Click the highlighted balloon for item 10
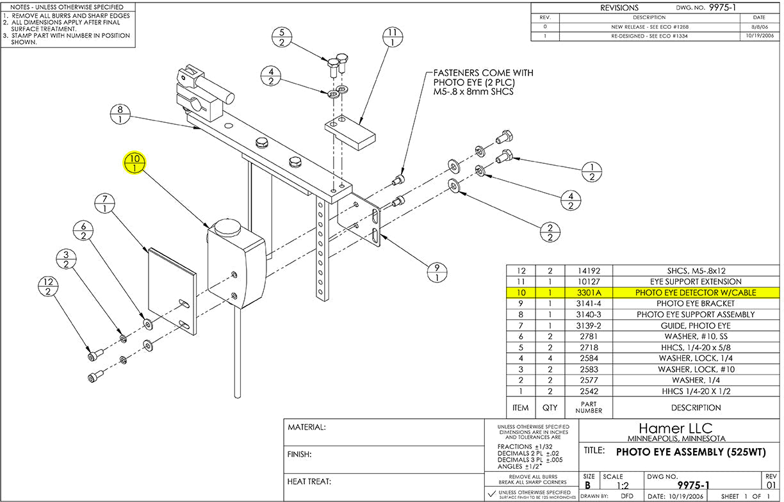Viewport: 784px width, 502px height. click(135, 163)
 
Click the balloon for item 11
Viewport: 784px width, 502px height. click(393, 37)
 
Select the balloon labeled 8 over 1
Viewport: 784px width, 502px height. click(120, 114)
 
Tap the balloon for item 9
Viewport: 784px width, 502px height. click(437, 272)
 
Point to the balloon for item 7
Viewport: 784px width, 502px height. click(104, 204)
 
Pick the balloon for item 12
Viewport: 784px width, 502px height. click(48, 286)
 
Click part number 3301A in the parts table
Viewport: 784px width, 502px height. click(589, 293)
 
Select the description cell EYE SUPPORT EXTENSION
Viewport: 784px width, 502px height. click(696, 282)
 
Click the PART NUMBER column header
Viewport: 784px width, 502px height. click(589, 407)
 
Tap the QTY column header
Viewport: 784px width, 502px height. click(550, 407)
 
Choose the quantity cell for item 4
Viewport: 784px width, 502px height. click(550, 358)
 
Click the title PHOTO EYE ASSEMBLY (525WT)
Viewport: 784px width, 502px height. click(691, 452)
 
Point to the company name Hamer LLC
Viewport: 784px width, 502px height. click(676, 428)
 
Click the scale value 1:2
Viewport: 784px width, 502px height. click(623, 485)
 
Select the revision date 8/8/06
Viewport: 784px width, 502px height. click(760, 27)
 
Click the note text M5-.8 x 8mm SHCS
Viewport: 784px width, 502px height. click(473, 92)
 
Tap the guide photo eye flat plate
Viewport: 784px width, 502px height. click(172, 291)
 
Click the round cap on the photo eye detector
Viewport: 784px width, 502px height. click(227, 227)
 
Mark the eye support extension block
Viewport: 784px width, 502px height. click(350, 133)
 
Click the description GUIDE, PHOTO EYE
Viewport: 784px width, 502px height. click(696, 326)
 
